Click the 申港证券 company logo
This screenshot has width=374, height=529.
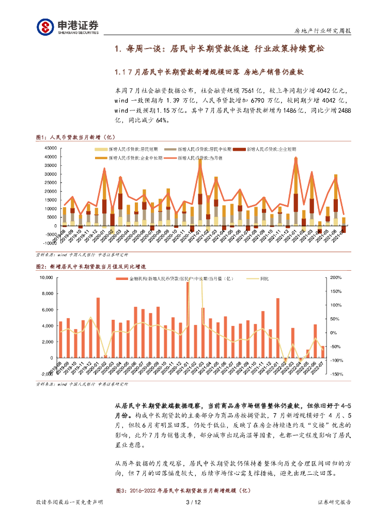click(67, 26)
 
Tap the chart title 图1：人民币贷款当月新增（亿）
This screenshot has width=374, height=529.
click(74, 137)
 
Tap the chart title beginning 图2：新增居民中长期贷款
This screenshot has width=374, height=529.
click(91, 267)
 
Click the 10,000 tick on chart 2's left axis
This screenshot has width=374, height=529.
click(46, 277)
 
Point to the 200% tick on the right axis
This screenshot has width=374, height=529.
click(335, 277)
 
